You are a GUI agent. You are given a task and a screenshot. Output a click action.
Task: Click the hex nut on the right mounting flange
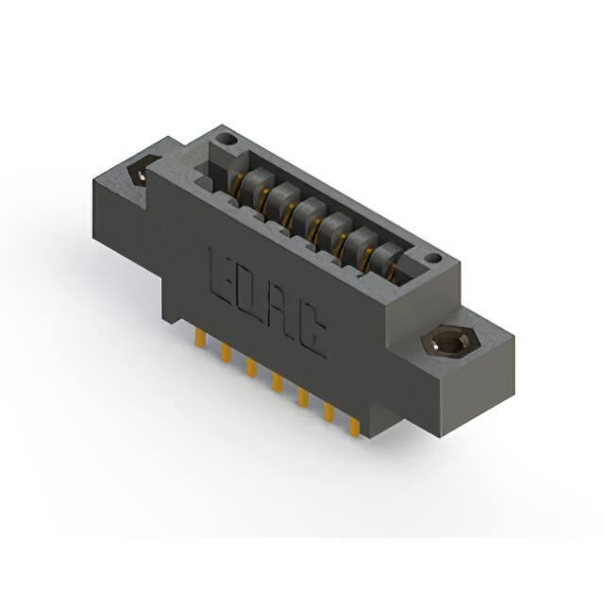[x=449, y=341]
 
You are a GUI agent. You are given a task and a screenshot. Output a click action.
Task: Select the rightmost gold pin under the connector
[x=355, y=428]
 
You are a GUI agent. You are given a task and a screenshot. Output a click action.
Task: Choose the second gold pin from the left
[x=226, y=353]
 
